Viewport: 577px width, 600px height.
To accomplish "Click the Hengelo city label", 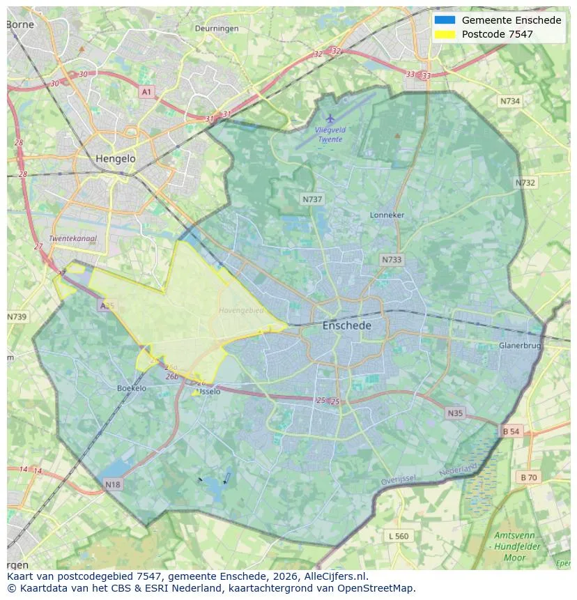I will (116, 159).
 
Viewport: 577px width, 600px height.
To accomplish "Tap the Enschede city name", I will (346, 325).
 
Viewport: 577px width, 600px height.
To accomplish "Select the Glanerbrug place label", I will (520, 346).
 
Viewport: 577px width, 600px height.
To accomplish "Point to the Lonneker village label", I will (387, 215).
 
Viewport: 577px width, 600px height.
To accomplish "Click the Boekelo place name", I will (132, 388).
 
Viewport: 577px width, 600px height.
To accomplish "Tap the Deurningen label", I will (217, 29).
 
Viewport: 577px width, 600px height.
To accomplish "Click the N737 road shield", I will (312, 199).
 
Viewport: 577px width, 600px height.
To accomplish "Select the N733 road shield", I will (392, 260).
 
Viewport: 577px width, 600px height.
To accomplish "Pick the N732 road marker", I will (525, 183).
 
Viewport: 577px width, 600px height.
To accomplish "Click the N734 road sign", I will (510, 101).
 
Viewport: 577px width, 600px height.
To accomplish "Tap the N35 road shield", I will (455, 413).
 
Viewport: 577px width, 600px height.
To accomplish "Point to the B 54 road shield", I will (511, 431).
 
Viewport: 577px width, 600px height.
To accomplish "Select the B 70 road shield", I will (528, 477).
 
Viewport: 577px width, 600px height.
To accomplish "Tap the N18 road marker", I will (112, 484).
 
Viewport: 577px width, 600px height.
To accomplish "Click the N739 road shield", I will (17, 317).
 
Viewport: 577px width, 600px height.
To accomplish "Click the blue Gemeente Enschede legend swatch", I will (444, 20).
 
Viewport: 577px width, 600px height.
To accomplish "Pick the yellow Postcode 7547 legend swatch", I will (444, 34).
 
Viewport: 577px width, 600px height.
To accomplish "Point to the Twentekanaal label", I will (72, 238).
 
